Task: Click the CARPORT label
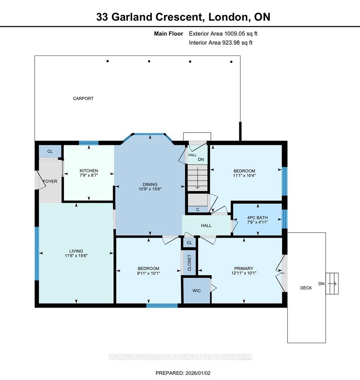[83, 99]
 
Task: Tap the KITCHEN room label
[89, 171]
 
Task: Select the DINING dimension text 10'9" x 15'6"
[150, 189]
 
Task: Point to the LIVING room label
[76, 251]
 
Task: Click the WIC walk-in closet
[197, 291]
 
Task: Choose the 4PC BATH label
[257, 218]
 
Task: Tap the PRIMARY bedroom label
[244, 268]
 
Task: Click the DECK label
[306, 288]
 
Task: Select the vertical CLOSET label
[189, 263]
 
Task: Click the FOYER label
[50, 181]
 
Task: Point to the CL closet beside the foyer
[50, 151]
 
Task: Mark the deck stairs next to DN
[332, 283]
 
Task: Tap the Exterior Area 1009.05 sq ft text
[223, 34]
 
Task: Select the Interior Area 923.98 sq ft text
[221, 43]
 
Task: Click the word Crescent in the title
[178, 17]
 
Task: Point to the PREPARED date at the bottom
[183, 373]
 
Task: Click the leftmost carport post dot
[108, 61]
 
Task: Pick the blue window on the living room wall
[37, 253]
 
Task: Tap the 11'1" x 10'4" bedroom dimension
[244, 175]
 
